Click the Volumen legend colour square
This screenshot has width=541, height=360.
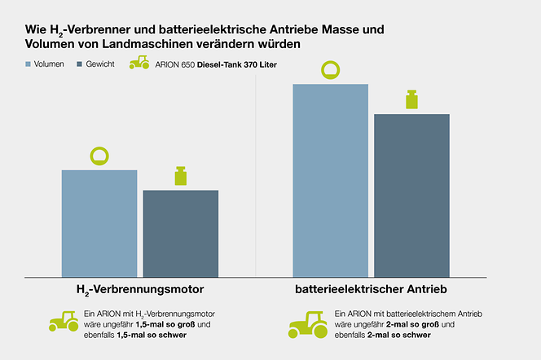click(29, 64)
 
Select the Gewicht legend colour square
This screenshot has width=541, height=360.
click(79, 64)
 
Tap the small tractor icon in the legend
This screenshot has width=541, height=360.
click(139, 63)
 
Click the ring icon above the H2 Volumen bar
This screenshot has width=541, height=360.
click(99, 156)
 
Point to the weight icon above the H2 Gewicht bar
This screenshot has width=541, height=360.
click(181, 176)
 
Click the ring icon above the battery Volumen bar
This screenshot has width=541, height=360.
click(331, 70)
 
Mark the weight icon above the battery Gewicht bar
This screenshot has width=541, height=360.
click(411, 99)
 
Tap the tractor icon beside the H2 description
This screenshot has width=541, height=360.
click(64, 321)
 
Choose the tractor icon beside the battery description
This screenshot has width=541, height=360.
click(308, 323)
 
